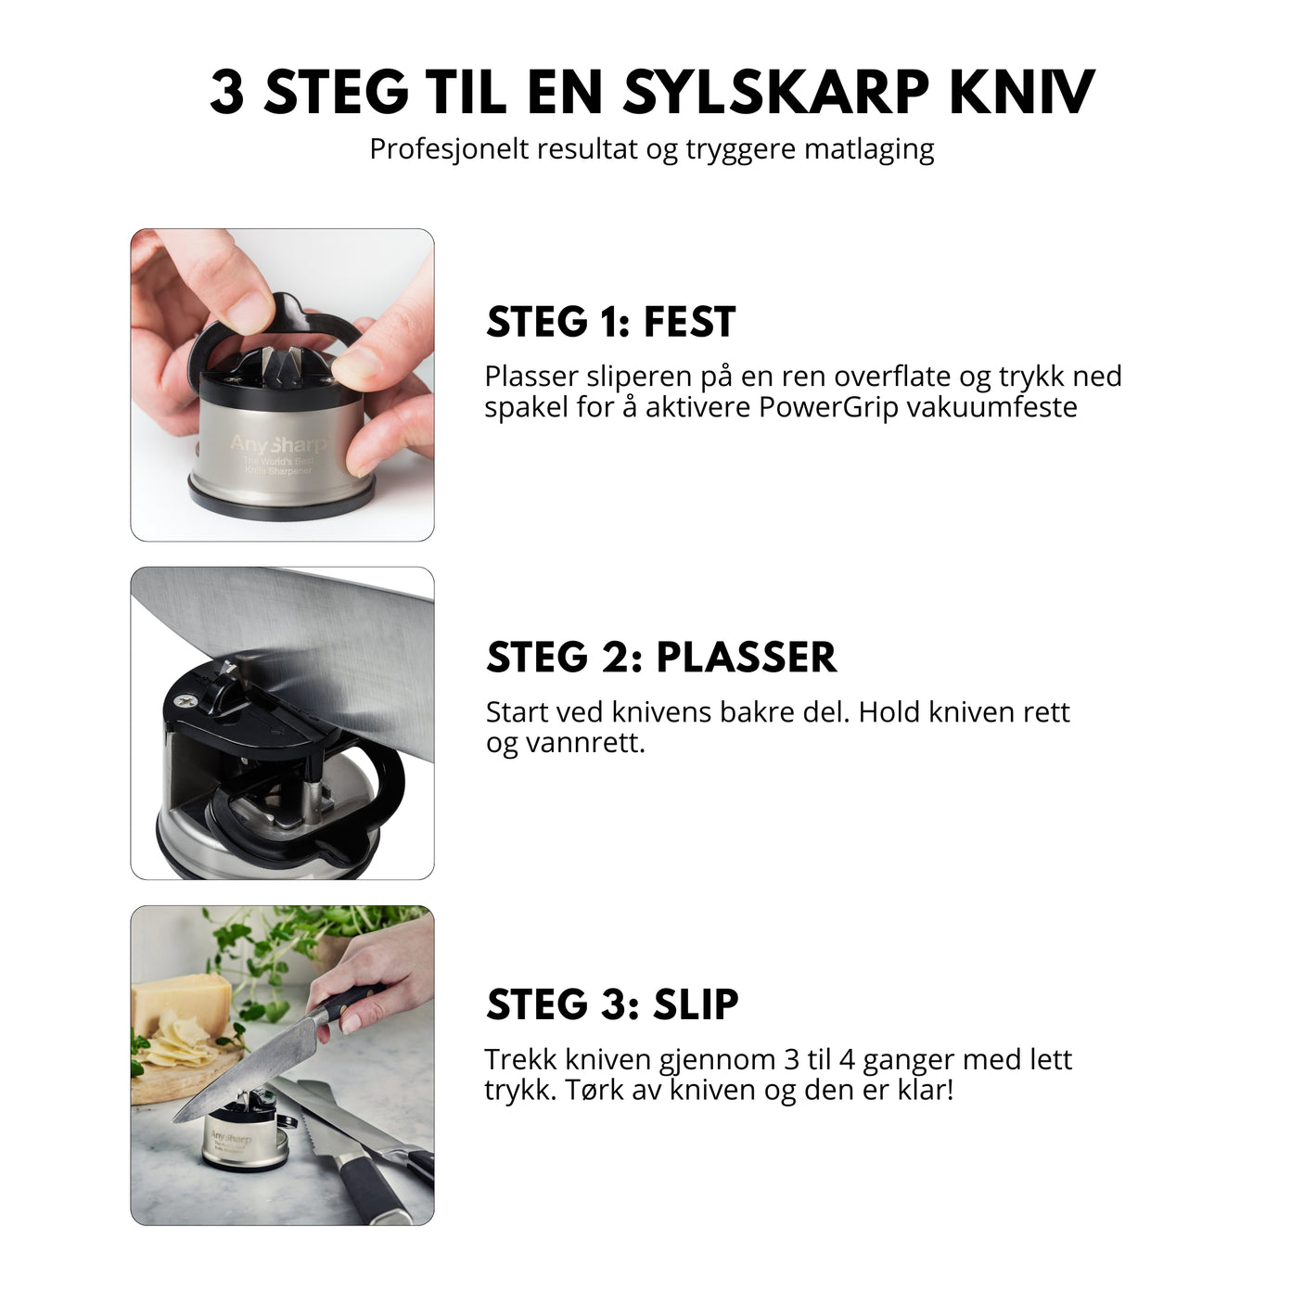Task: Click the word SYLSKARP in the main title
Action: [775, 92]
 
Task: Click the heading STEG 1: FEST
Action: [610, 322]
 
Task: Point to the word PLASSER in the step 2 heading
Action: [746, 658]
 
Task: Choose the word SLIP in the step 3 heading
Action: [696, 1004]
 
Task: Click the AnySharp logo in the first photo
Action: [276, 445]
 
